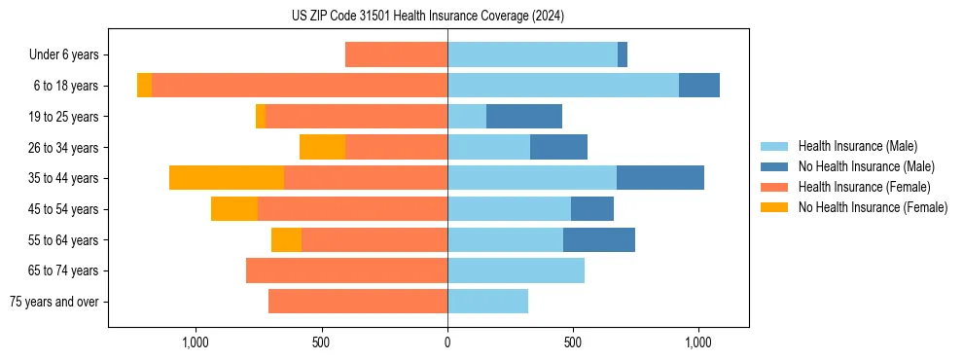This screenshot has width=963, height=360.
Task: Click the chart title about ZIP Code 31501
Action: [427, 17]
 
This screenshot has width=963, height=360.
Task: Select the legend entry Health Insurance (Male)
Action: [857, 146]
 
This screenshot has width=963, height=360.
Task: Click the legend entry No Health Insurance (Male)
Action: [866, 166]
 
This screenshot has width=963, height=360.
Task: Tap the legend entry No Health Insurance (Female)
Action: [873, 207]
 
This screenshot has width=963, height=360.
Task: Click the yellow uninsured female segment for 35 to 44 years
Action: [227, 178]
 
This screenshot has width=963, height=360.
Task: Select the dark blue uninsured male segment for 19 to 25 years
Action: [524, 117]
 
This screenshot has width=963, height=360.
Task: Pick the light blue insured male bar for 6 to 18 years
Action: [563, 86]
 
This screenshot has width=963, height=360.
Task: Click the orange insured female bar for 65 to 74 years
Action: [346, 270]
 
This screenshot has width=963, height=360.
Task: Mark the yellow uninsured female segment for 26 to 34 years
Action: [322, 147]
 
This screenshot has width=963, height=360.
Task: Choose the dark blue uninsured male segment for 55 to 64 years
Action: [599, 239]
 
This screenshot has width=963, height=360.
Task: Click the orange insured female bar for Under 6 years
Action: [396, 55]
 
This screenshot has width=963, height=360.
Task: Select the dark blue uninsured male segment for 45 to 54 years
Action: [592, 209]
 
